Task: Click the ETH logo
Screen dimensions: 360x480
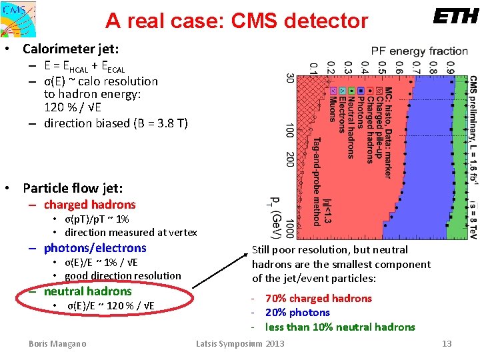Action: (455, 17)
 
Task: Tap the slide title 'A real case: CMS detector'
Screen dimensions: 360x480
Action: (236, 21)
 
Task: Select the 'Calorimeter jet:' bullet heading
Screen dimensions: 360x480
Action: (71, 49)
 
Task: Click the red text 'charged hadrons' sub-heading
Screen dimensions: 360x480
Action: (89, 205)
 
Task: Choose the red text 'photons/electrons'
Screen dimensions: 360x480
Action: (95, 248)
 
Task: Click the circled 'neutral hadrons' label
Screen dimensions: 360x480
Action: (87, 291)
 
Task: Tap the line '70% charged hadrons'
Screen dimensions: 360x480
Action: (318, 298)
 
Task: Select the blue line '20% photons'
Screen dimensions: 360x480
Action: (297, 312)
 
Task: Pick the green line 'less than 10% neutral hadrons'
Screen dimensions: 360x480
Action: (340, 327)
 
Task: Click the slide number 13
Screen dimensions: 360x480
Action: (447, 343)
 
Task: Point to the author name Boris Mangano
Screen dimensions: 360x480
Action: (57, 343)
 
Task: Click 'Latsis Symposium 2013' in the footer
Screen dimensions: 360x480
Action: (240, 343)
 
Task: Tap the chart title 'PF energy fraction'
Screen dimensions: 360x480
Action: (419, 51)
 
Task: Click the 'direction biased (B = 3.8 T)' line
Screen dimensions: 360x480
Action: (116, 123)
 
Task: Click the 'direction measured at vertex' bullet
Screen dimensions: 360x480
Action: (131, 233)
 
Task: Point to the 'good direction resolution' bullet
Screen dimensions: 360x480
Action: (123, 276)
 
